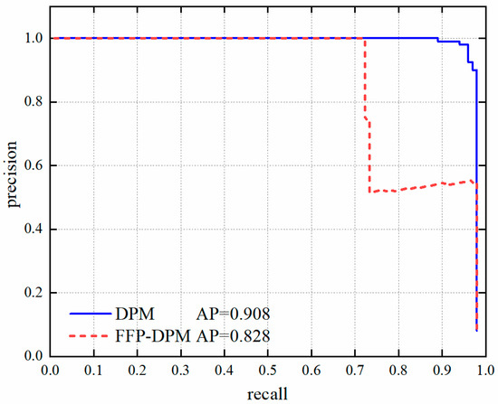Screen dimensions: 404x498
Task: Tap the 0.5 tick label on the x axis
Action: tap(267, 369)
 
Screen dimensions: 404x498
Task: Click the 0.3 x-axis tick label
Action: tap(180, 369)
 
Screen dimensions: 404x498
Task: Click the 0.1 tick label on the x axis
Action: tap(93, 369)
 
